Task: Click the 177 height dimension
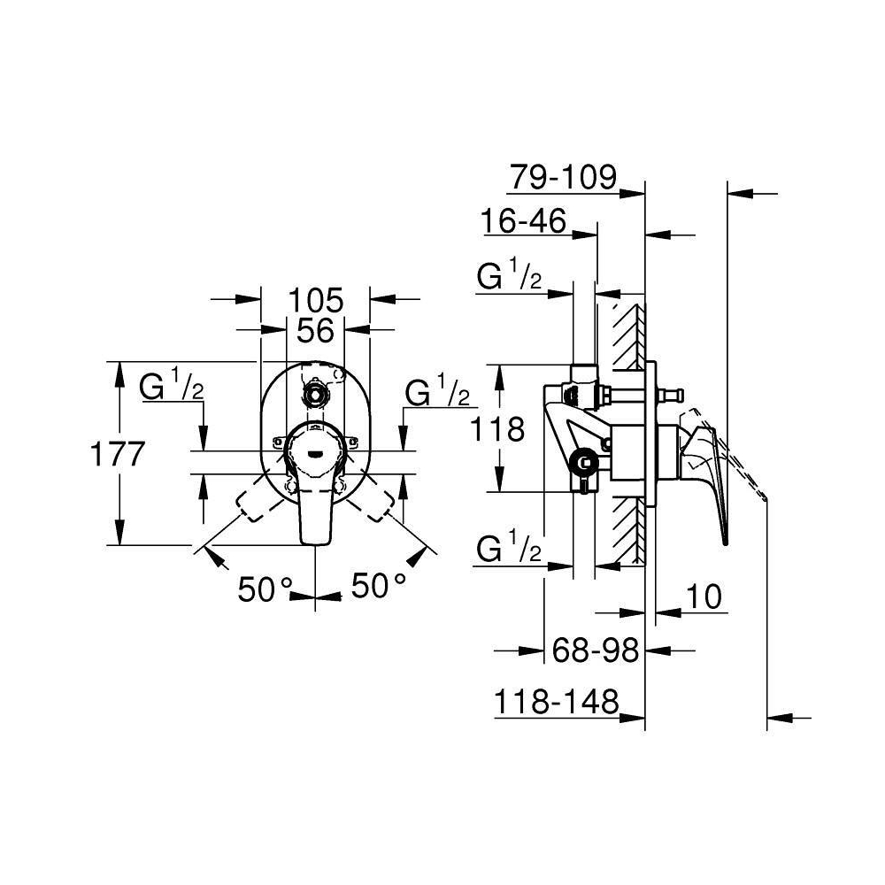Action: coord(118,454)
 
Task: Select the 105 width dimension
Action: coord(316,300)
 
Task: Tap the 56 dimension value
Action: coord(316,330)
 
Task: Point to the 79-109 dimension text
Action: coord(563,177)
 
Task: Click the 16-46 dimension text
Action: coord(523,220)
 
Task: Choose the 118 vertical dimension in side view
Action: coord(496,429)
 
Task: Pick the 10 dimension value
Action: coord(704,596)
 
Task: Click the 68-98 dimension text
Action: coord(595,650)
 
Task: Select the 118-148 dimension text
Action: coord(556,703)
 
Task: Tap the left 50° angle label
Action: coord(265,589)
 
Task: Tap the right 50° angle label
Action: coord(379,585)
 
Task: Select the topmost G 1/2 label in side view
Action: coord(509,273)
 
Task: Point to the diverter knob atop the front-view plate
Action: coord(314,394)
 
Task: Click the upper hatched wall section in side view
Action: coord(627,337)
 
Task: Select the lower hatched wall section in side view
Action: coord(627,529)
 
